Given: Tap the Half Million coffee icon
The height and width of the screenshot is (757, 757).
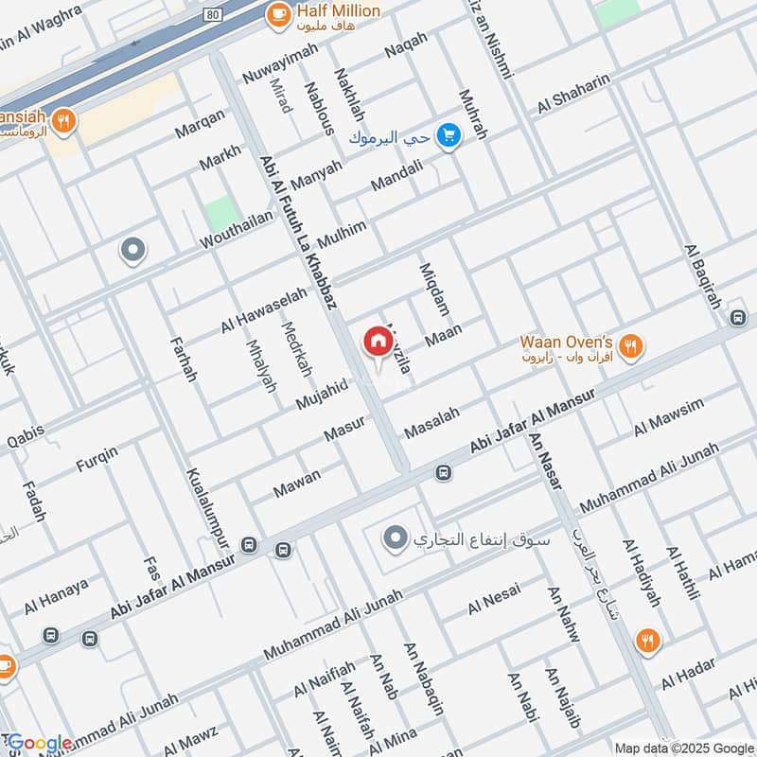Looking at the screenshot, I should tap(278, 13).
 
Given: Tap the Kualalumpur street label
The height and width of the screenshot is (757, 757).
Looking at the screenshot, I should tap(207, 518).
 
